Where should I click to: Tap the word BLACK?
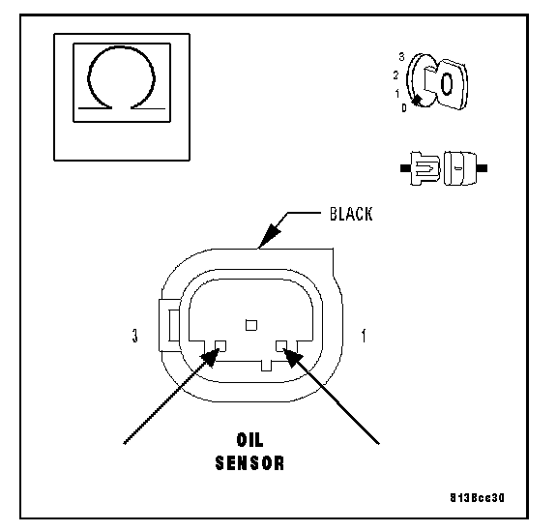(x=351, y=214)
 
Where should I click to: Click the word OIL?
(x=250, y=440)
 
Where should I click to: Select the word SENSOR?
(x=250, y=463)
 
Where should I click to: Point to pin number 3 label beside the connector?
(x=134, y=336)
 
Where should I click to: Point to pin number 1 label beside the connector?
(x=364, y=336)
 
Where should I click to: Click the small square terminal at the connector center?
(x=251, y=325)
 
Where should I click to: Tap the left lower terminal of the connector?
(x=220, y=345)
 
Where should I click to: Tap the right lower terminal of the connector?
(x=281, y=345)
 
